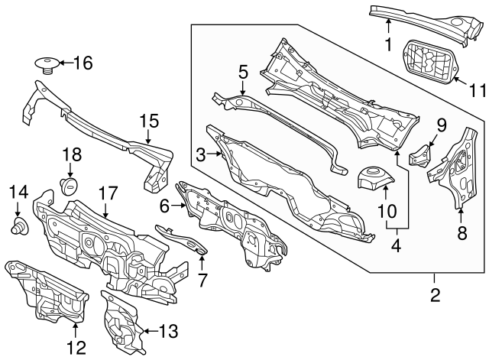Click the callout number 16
click(x=82, y=63)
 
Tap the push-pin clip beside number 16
click(x=48, y=63)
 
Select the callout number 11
click(x=477, y=90)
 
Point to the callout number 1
click(x=388, y=44)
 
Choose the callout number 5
click(x=243, y=73)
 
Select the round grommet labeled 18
click(x=70, y=184)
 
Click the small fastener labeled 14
click(x=18, y=225)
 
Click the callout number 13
click(x=168, y=331)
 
